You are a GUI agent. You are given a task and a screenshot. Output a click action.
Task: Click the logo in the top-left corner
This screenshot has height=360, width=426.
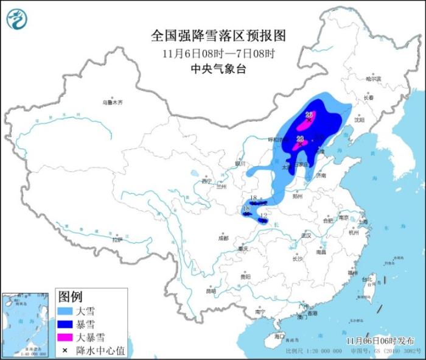(x=16, y=19)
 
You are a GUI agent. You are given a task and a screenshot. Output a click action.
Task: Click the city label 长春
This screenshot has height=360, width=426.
(x=368, y=97)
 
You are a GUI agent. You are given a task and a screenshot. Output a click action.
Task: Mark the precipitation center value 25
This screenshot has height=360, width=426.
(x=309, y=115)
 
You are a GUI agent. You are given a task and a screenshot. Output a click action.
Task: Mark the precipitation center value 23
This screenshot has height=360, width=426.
(x=299, y=139)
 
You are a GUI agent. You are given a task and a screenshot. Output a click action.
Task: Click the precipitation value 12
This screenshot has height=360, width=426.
(x=263, y=216)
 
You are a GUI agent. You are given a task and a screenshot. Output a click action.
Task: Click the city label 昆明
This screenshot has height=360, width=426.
(x=211, y=291)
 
